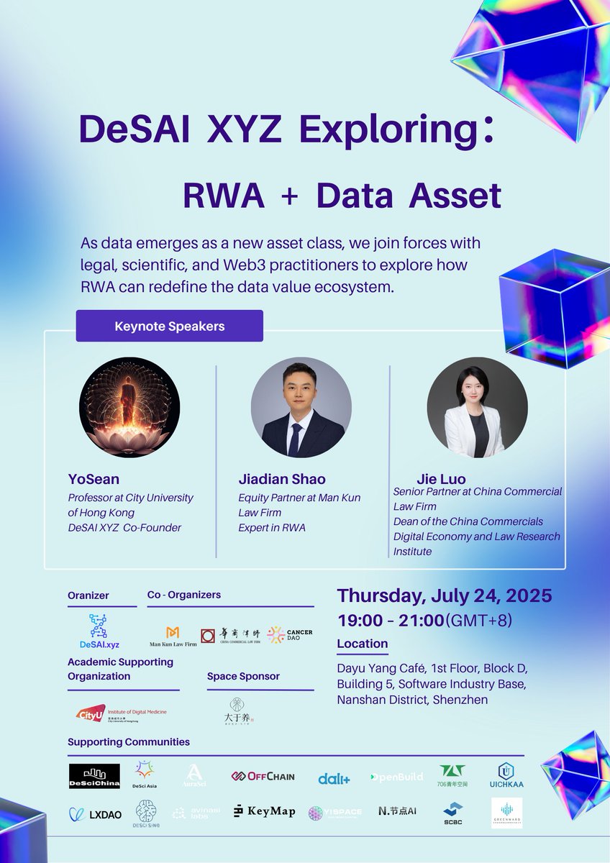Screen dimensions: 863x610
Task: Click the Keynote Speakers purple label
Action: (170, 326)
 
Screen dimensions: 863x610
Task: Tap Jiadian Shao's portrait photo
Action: (301, 407)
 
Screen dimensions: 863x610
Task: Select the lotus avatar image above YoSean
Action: (129, 407)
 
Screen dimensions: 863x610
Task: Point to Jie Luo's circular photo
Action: (477, 407)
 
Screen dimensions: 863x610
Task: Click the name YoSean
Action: (94, 479)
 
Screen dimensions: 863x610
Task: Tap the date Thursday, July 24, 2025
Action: (445, 595)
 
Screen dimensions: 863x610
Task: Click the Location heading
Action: (362, 644)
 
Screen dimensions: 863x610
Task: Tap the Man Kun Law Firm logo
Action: (173, 636)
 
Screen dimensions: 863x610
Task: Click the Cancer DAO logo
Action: (289, 635)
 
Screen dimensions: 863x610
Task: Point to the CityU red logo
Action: (91, 713)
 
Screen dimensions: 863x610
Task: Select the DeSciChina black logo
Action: (94, 776)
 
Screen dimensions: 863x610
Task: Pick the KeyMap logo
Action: (264, 811)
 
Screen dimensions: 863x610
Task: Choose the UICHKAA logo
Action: (506, 775)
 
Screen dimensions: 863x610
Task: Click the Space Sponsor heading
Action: (243, 676)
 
